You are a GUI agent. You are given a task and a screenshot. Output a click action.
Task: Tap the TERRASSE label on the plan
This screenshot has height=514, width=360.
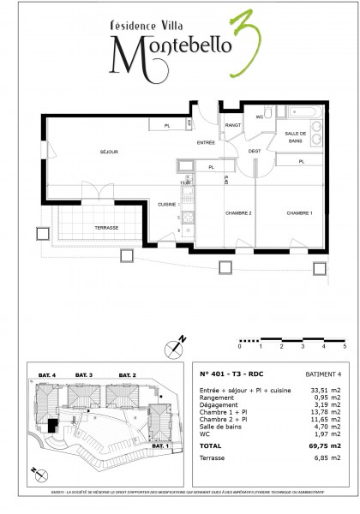click(x=106, y=227)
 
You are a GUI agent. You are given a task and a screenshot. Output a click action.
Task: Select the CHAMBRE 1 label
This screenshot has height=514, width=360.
click(x=300, y=213)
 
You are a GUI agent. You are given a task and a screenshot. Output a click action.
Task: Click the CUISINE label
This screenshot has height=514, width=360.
click(x=166, y=204)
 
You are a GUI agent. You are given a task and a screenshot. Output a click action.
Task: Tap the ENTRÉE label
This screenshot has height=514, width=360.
click(x=206, y=142)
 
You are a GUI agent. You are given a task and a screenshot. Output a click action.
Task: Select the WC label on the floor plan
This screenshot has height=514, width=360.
click(x=259, y=117)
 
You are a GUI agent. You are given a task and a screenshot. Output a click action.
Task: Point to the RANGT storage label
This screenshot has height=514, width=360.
click(x=232, y=125)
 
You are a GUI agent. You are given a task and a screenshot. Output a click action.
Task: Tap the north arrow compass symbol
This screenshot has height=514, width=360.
click(x=175, y=348)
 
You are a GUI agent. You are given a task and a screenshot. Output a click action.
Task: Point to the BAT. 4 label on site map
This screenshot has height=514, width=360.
click(x=46, y=375)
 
